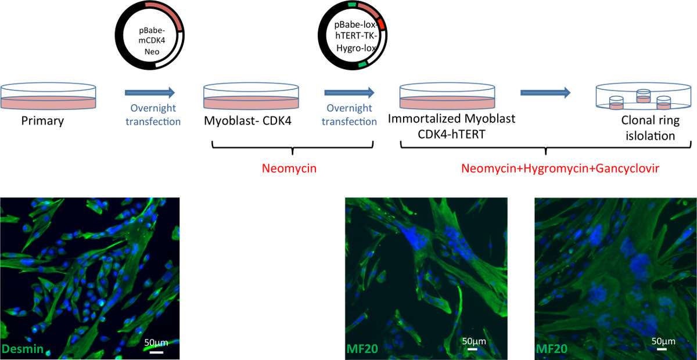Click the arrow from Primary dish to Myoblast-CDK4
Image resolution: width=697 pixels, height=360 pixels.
coord(150,92)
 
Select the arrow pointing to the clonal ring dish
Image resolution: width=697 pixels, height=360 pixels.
coord(545,92)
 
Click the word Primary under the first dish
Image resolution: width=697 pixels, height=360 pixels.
coord(42,121)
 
